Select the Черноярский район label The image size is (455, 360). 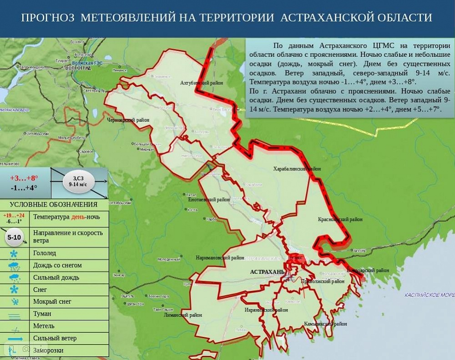pyautogui.click(x=128, y=120)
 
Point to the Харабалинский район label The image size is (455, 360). pyautogui.click(x=297, y=169)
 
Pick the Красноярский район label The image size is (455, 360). pyautogui.click(x=340, y=220)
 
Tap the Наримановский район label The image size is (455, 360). pyautogui.click(x=220, y=258)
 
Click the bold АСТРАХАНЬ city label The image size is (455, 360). pyautogui.click(x=267, y=272)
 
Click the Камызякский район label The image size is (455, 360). pyautogui.click(x=325, y=324)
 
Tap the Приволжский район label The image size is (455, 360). pyautogui.click(x=323, y=281)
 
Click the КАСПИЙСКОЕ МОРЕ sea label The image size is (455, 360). pyautogui.click(x=429, y=295)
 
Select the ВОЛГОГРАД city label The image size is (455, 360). pyautogui.click(x=78, y=68)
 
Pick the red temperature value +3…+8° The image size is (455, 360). pyautogui.click(x=24, y=178)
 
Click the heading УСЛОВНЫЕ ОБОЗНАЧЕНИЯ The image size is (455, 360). pyautogui.click(x=54, y=205)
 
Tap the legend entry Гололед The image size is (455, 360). pyautogui.click(x=45, y=253)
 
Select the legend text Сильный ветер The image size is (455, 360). pyautogui.click(x=55, y=338)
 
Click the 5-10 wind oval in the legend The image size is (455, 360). pyautogui.click(x=14, y=237)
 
